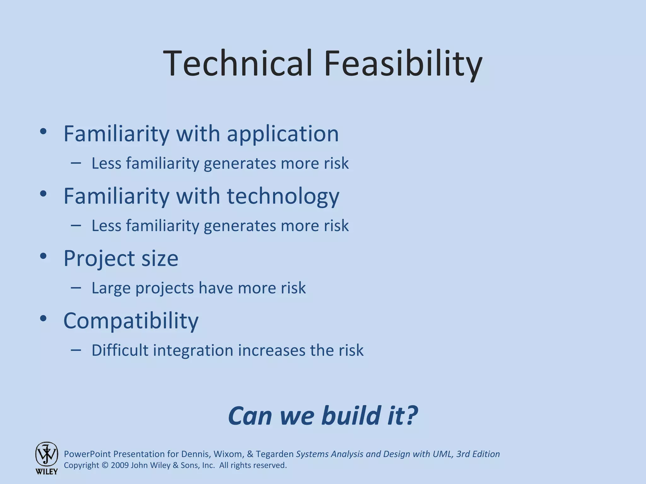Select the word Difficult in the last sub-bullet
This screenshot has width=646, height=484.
coord(120,350)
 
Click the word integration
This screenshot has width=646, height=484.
coord(193,351)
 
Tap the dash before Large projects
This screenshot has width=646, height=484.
coord(76,287)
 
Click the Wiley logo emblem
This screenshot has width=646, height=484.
coord(46,454)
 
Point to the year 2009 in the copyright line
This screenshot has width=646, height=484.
coord(120,465)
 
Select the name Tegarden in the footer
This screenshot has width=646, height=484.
coord(274,454)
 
